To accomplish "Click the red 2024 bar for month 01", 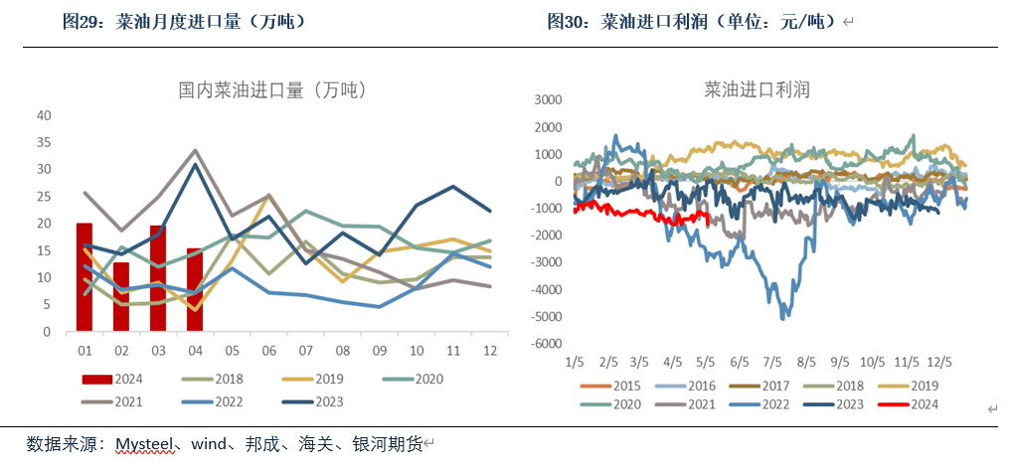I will point(84,277).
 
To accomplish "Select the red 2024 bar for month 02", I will point(121,296).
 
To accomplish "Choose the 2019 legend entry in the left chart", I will point(302,379).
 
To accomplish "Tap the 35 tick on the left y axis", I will point(45,142).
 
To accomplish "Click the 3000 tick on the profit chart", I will point(549,99).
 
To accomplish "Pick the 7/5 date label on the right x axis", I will point(772,361).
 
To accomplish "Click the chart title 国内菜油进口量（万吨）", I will point(272,89).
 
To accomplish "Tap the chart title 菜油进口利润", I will point(758,89).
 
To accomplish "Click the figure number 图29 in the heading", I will point(81,21).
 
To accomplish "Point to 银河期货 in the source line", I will point(392,444).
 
